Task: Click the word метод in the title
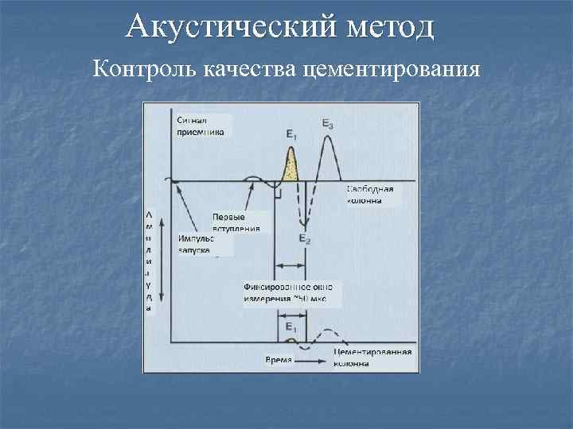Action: tap(392, 28)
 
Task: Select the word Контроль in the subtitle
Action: tap(143, 69)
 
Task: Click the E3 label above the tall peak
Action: tap(328, 123)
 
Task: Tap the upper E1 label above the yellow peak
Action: tap(292, 136)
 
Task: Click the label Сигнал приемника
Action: tap(201, 126)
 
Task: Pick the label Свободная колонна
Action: tap(369, 195)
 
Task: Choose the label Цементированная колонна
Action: tap(372, 357)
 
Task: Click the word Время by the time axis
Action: tap(278, 360)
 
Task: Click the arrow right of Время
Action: tap(311, 360)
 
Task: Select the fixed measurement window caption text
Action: tap(287, 292)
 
